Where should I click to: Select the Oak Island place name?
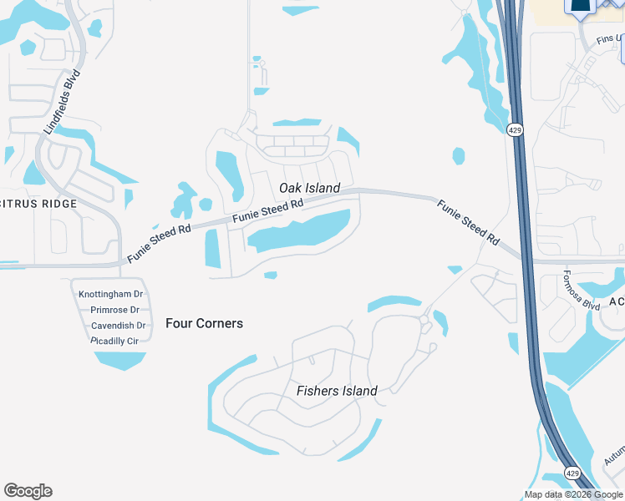tap(309, 188)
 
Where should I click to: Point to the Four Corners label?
tap(204, 323)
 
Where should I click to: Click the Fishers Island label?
tap(337, 391)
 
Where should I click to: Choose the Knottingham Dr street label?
tap(110, 295)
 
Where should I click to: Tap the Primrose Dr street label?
tap(114, 310)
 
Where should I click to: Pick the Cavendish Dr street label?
tap(118, 326)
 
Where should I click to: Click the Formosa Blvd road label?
tap(582, 291)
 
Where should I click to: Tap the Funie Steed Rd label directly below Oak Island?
tap(267, 210)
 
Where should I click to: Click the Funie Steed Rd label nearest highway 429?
tap(469, 222)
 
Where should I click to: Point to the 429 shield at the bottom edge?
tap(572, 473)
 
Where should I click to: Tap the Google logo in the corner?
tap(28, 491)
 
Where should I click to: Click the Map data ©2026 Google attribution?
tap(573, 494)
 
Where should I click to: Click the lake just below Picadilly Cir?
tap(120, 360)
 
